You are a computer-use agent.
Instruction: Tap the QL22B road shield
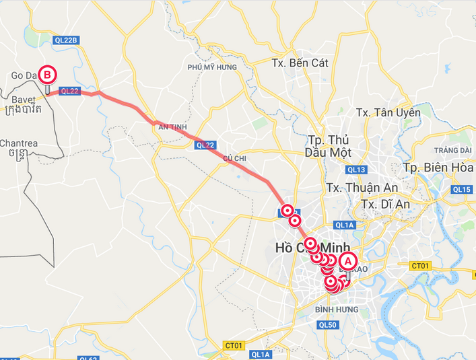[x=66, y=40]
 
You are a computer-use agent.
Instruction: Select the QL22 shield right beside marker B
[x=69, y=91]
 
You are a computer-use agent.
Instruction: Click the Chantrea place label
[x=20, y=143]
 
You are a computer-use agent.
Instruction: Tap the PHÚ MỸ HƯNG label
[x=213, y=67]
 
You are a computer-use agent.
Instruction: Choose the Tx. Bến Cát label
[x=300, y=63]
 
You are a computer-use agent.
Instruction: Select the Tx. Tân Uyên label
[x=388, y=112]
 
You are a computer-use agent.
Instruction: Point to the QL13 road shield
[x=358, y=169]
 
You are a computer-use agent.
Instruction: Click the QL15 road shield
[x=462, y=189]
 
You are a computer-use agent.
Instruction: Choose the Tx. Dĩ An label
[x=386, y=203]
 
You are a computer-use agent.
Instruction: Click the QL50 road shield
[x=327, y=324]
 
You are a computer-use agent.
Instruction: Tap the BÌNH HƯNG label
[x=337, y=310]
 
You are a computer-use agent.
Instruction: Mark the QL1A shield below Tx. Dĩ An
[x=343, y=225]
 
